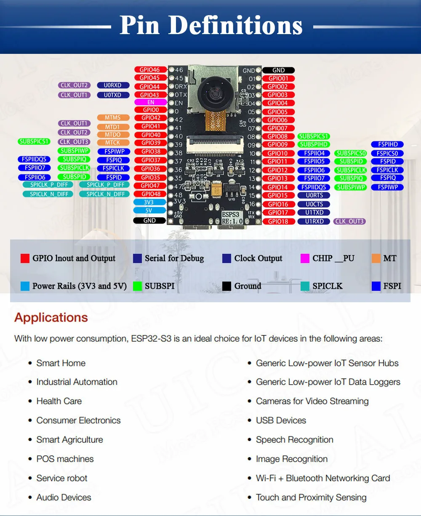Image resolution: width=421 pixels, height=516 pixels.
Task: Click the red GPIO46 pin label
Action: click(150, 70)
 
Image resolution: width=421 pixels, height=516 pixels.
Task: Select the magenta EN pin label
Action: click(151, 102)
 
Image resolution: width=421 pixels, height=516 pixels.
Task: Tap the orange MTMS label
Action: click(113, 118)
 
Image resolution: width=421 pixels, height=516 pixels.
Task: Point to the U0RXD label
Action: click(112, 85)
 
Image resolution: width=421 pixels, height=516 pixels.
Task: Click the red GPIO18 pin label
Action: click(278, 221)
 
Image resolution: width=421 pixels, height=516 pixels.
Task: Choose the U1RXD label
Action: click(314, 221)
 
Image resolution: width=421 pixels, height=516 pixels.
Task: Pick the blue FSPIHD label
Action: click(388, 144)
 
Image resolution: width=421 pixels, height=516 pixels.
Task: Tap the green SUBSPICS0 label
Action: click(351, 153)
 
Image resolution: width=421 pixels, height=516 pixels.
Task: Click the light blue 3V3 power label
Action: click(149, 202)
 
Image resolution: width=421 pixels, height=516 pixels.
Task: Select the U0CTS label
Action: click(314, 204)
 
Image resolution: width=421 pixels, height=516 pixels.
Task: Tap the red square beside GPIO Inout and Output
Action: click(25, 258)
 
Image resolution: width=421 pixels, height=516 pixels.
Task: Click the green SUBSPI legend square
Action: click(137, 286)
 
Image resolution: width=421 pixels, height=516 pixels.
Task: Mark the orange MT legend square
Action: click(376, 258)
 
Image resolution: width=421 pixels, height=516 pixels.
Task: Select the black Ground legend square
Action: click(226, 286)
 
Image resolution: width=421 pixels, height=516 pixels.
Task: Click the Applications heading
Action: click(51, 317)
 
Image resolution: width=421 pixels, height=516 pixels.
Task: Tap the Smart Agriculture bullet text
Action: click(69, 440)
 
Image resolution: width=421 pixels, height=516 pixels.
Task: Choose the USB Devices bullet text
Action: click(281, 420)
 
